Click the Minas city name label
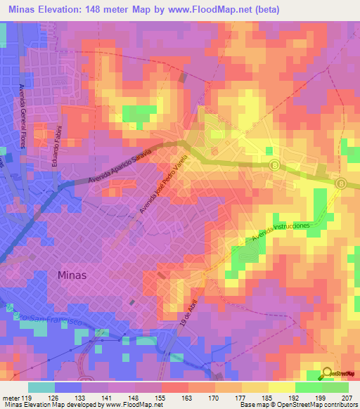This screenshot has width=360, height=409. coord(71,275)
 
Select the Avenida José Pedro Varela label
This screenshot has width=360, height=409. coord(165,186)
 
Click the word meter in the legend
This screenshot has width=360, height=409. coord(12,397)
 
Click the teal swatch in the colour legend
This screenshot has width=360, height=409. coord(41,387)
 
